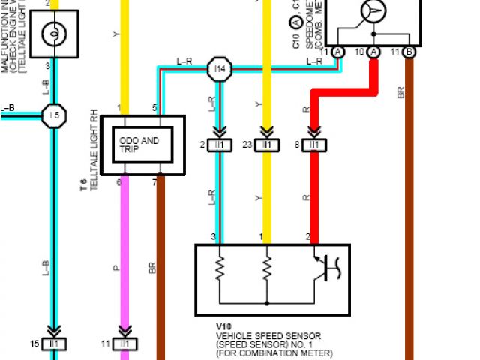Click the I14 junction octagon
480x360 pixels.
pyautogui.click(x=219, y=69)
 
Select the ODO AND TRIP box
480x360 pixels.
pyautogui.click(x=142, y=145)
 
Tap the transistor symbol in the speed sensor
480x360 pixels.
pyautogui.click(x=324, y=267)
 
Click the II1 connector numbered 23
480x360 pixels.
pyautogui.click(x=266, y=145)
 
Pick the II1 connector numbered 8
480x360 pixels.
pyautogui.click(x=314, y=145)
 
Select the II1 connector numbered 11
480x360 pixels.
pyautogui.click(x=124, y=343)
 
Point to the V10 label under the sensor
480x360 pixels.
pyautogui.click(x=224, y=326)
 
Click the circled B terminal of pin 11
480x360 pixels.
pyautogui.click(x=409, y=52)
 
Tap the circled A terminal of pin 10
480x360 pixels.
pyautogui.click(x=373, y=52)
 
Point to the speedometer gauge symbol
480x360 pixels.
pyautogui.click(x=373, y=11)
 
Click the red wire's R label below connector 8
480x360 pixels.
pyautogui.click(x=306, y=197)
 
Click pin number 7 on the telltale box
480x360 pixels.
pyautogui.click(x=154, y=181)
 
